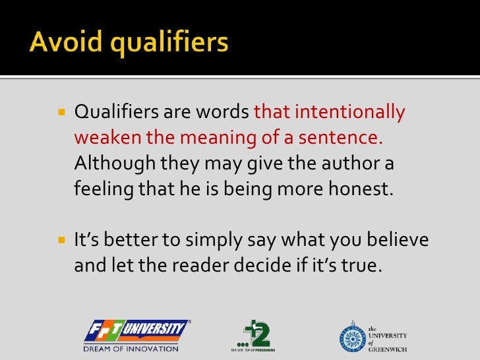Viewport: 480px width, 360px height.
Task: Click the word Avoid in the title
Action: (62, 44)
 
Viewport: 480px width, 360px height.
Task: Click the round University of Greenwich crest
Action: (351, 335)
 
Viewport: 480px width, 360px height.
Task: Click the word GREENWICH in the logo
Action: (386, 349)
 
